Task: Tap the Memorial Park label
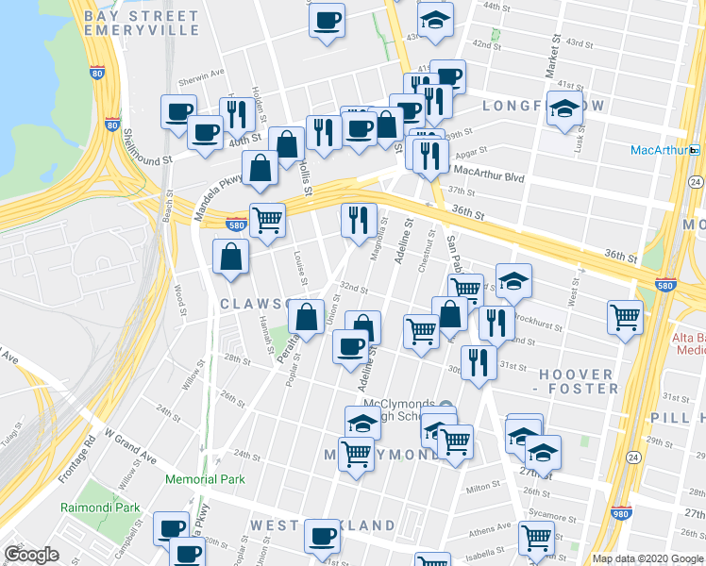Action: pyautogui.click(x=205, y=479)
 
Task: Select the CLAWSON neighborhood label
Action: pyautogui.click(x=254, y=304)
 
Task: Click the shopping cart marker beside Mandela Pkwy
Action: pyautogui.click(x=268, y=220)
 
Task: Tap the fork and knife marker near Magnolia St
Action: pyautogui.click(x=359, y=220)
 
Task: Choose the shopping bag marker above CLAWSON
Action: pyautogui.click(x=231, y=257)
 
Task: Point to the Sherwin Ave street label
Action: pyautogui.click(x=204, y=73)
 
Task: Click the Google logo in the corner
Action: pyautogui.click(x=31, y=555)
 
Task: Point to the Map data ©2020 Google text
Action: pyautogui.click(x=647, y=558)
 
